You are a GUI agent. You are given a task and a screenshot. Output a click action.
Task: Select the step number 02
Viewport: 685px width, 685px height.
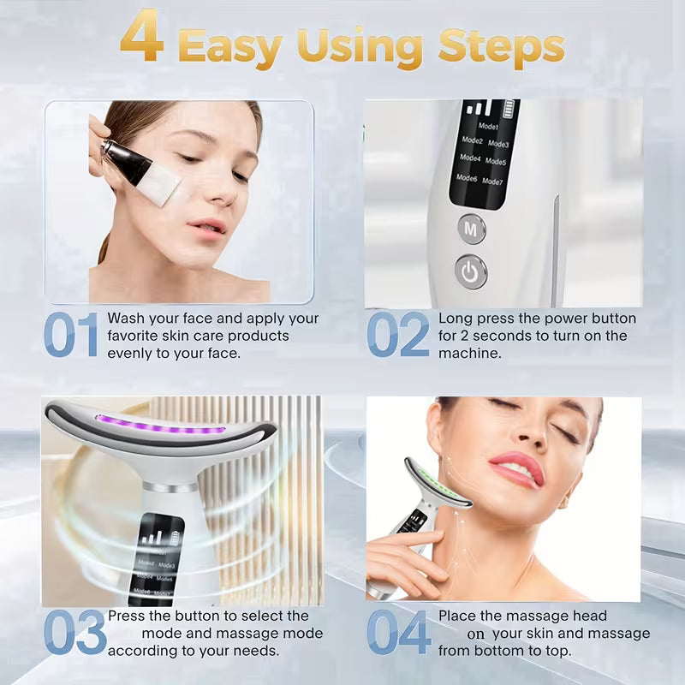[397, 335]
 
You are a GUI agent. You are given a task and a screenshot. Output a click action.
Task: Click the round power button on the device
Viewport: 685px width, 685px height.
[470, 271]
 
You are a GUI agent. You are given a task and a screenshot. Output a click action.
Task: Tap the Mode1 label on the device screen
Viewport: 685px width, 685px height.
[489, 127]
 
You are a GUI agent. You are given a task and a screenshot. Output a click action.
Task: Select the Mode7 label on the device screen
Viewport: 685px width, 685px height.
[493, 181]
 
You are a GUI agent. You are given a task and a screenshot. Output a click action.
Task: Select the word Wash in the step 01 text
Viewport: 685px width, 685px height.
[126, 319]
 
